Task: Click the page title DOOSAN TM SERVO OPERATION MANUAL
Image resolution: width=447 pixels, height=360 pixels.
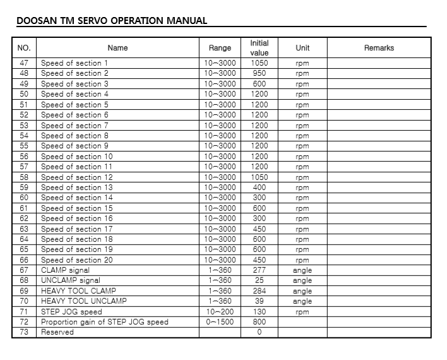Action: click(112, 20)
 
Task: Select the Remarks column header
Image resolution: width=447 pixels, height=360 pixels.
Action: click(379, 48)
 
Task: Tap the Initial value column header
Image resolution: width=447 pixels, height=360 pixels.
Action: click(259, 48)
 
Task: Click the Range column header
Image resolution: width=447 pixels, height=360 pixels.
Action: click(220, 48)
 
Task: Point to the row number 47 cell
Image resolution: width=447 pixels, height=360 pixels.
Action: click(24, 63)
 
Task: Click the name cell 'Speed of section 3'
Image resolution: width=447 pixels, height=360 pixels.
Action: click(74, 84)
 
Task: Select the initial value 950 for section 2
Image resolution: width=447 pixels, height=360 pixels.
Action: click(259, 73)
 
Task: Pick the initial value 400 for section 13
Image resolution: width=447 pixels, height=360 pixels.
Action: click(259, 188)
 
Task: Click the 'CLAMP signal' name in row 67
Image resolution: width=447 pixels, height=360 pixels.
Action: click(65, 270)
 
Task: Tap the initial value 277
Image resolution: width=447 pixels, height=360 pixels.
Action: click(259, 270)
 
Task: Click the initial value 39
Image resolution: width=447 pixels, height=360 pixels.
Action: click(259, 301)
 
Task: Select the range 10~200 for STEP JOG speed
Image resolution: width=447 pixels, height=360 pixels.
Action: click(220, 312)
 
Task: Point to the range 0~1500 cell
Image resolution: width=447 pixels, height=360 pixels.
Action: click(220, 322)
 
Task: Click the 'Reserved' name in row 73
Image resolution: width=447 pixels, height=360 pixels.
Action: click(57, 332)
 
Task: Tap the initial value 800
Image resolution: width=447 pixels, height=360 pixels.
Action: click(259, 322)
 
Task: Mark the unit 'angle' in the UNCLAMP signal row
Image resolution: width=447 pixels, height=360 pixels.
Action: click(302, 280)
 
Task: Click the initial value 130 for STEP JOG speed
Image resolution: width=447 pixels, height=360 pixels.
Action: click(259, 312)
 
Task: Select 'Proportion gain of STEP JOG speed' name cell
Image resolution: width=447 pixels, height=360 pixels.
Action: click(105, 322)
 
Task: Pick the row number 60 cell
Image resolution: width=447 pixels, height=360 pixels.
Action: click(24, 198)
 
